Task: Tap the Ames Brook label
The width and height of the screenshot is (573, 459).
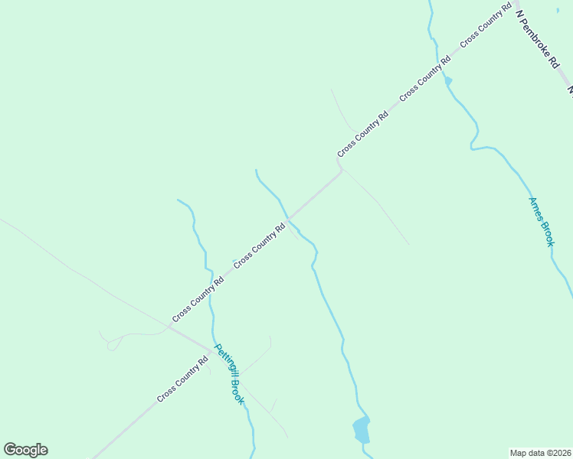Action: pyautogui.click(x=541, y=221)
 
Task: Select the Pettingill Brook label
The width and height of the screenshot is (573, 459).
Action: pyautogui.click(x=229, y=374)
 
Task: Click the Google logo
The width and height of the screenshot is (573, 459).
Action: pyautogui.click(x=25, y=450)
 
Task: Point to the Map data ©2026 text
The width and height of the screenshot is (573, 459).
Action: pyautogui.click(x=540, y=452)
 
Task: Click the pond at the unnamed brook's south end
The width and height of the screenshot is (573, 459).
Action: pyautogui.click(x=361, y=431)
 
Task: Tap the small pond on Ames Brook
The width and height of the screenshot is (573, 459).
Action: pyautogui.click(x=448, y=80)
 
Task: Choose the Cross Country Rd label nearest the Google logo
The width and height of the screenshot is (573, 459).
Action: pyautogui.click(x=182, y=379)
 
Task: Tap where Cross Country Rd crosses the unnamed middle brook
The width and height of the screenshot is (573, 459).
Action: pyautogui.click(x=289, y=219)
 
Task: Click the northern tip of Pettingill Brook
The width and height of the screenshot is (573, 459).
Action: pyautogui.click(x=178, y=200)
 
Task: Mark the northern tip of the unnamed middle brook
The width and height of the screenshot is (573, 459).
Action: pyautogui.click(x=255, y=171)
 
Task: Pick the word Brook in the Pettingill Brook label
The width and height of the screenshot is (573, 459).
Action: pyautogui.click(x=237, y=392)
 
